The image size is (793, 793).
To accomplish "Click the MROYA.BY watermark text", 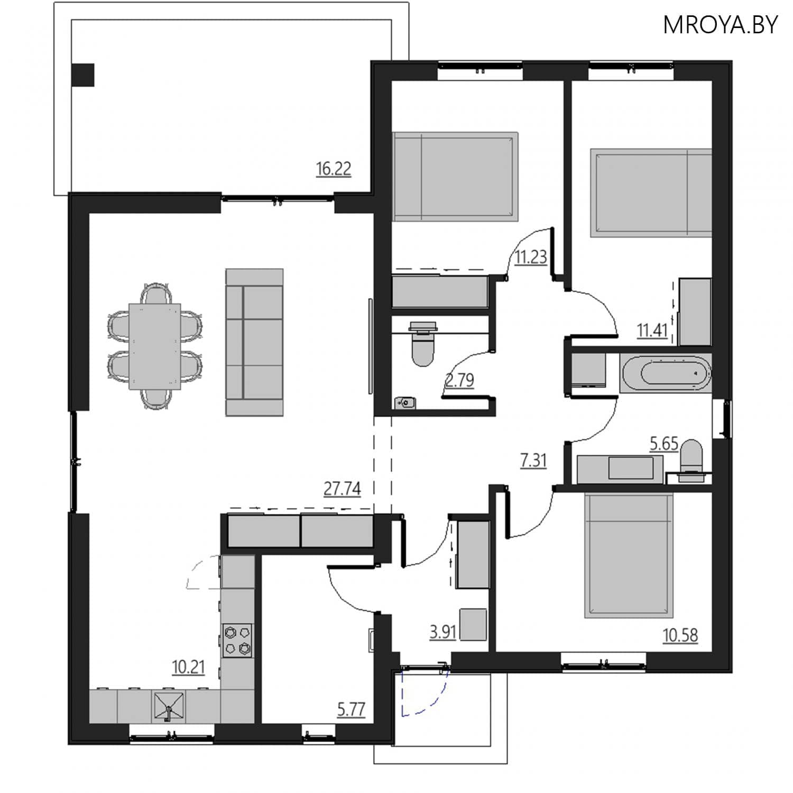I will point(720,25).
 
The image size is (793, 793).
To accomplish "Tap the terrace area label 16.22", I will point(333,169).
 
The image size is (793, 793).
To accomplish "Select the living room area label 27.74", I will point(342,488).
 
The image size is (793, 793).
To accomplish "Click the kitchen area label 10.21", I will point(188,667).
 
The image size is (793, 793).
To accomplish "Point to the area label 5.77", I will point(351,709).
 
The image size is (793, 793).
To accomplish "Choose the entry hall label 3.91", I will point(442,632).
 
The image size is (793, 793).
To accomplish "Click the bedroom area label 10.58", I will point(680,634).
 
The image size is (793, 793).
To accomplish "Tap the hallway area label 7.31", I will point(533,460).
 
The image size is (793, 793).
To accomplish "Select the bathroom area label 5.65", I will point(663,444).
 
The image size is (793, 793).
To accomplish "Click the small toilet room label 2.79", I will point(459,380).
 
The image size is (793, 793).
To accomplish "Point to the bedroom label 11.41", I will point(652,330).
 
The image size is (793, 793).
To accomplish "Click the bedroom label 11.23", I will point(531,257).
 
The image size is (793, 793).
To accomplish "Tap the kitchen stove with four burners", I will point(237,640).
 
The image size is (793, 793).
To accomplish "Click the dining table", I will point(154,346).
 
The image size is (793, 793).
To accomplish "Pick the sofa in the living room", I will point(254,342).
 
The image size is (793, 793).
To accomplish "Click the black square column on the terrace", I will point(83,75).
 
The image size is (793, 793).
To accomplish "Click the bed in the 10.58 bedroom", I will point(629,555).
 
